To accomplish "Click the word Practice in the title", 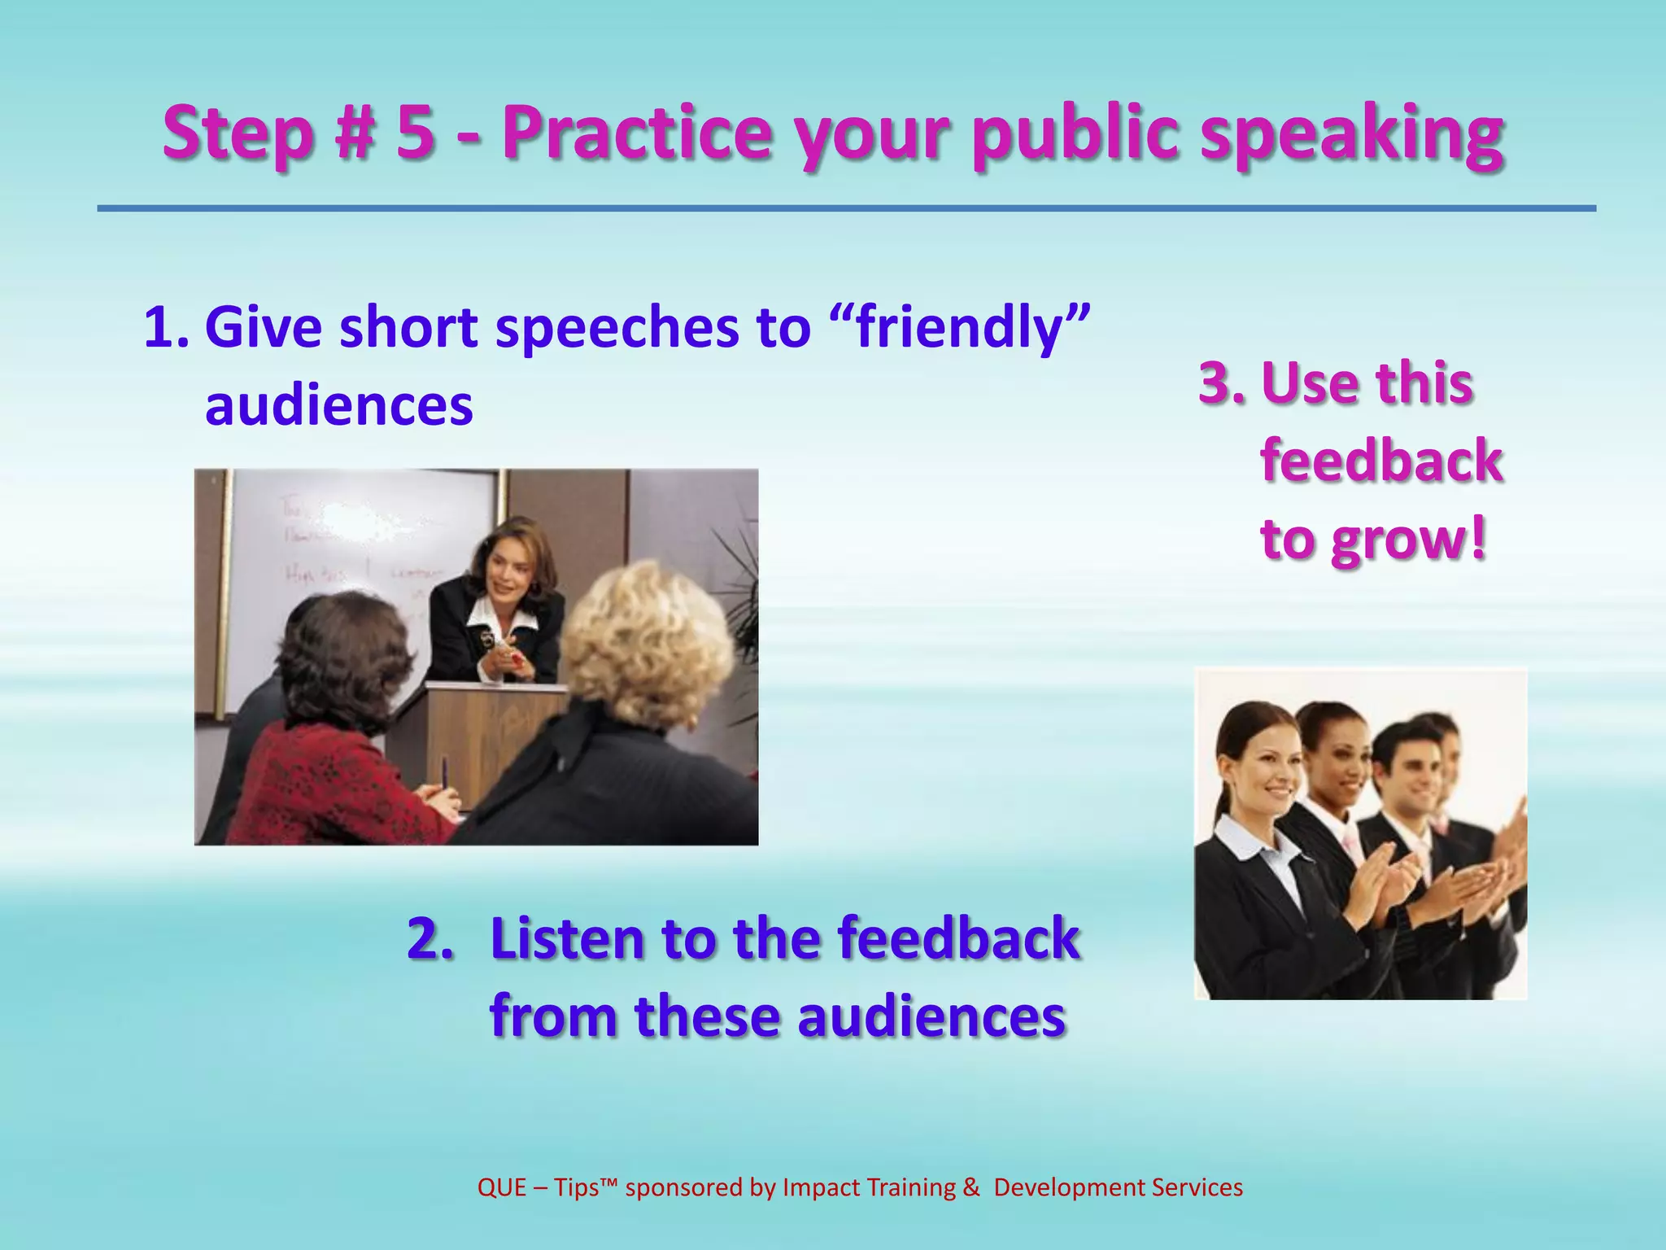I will [636, 133].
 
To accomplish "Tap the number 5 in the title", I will [415, 133].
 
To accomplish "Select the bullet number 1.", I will [166, 327].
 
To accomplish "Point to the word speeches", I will [617, 327].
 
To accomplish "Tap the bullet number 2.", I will [430, 938].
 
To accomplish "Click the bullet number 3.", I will [1220, 382].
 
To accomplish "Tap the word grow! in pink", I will [1409, 539].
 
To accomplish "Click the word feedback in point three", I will [1381, 461].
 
